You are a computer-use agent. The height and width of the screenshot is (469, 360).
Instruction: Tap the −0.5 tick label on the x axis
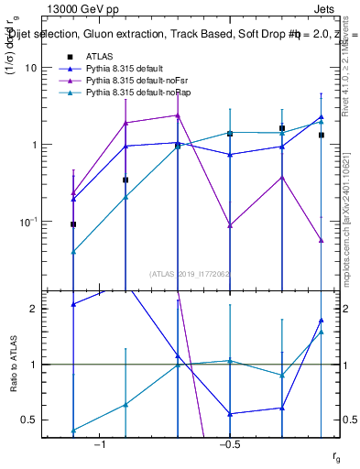(x=229, y=444)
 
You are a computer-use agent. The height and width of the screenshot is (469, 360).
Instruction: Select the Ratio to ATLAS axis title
(x=13, y=364)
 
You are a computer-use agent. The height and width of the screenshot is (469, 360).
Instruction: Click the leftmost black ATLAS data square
(x=73, y=224)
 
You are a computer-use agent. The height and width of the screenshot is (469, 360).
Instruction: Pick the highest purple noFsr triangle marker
(x=178, y=115)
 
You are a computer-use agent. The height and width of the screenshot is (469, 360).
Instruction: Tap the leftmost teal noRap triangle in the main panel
(x=73, y=251)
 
